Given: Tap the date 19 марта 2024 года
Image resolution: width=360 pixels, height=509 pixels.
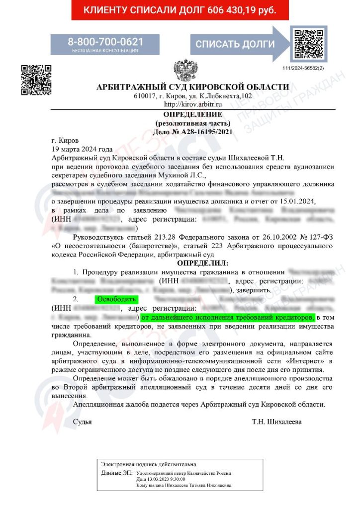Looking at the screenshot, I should coord(82,149).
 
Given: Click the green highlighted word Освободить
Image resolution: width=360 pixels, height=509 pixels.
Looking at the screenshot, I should coord(115,299).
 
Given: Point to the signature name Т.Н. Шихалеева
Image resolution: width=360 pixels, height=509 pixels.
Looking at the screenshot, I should coord(276,422).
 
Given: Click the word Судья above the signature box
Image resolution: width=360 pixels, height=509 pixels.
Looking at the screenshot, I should coord(82,422).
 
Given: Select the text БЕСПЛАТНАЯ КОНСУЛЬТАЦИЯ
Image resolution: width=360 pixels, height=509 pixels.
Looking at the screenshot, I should coord(105,51).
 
